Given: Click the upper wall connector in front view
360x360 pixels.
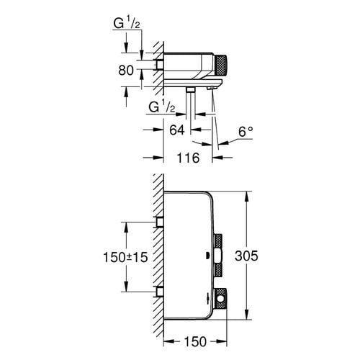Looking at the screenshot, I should [x=158, y=224].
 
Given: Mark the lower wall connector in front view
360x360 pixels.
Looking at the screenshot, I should [x=158, y=291].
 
